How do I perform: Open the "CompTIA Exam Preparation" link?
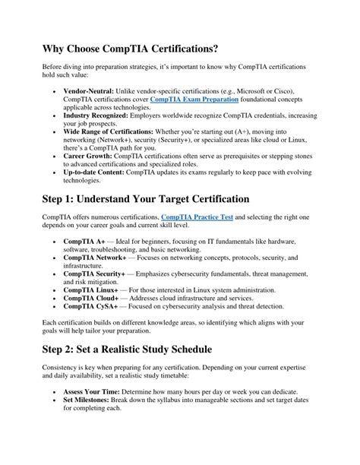[x=194, y=100]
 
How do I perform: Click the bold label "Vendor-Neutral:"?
[x=91, y=90]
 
